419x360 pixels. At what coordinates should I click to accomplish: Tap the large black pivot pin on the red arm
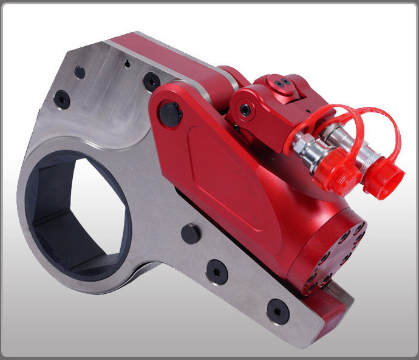[x=171, y=114]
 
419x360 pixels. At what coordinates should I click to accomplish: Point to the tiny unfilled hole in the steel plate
[x=126, y=63]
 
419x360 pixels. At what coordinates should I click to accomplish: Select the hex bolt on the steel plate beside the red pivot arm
[x=151, y=80]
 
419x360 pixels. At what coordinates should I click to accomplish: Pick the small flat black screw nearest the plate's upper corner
[x=80, y=71]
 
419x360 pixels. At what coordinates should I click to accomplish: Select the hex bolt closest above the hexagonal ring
[x=61, y=98]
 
